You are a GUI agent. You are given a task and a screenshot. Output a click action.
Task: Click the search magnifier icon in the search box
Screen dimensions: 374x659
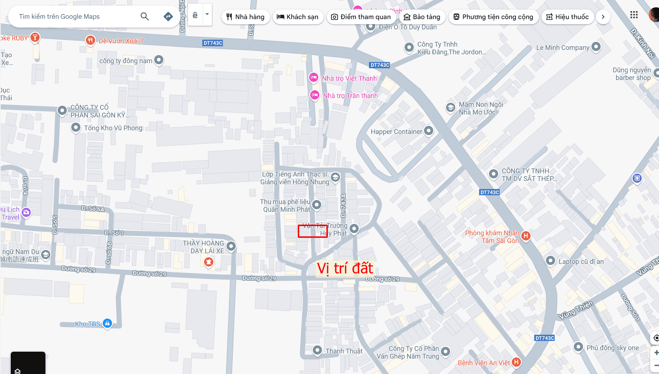pos(145,17)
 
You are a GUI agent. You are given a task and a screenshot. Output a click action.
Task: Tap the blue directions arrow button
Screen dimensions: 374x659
pos(168,17)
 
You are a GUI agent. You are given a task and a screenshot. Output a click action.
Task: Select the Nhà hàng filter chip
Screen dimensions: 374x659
pos(245,17)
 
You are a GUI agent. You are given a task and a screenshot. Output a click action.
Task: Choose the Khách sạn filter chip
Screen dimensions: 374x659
pos(298,17)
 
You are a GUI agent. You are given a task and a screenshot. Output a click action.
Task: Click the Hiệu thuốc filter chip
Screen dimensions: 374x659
pos(568,17)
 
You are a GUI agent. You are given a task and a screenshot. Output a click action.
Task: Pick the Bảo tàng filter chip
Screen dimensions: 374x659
pos(422,17)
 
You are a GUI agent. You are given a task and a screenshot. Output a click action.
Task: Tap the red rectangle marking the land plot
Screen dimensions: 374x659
pos(312,231)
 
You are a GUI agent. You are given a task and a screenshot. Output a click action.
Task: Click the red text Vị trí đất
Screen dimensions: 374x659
pos(345,268)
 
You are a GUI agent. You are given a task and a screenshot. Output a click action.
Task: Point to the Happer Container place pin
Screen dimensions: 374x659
pos(428,131)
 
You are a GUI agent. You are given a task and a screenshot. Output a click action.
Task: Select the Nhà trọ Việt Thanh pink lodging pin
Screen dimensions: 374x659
pos(314,77)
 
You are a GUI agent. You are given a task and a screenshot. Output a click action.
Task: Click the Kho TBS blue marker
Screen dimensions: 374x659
pos(107,323)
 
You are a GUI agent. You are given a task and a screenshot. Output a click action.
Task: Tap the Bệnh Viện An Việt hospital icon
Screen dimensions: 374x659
pos(516,362)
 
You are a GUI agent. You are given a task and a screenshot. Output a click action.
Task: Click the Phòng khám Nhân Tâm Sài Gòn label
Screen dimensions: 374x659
pos(492,237)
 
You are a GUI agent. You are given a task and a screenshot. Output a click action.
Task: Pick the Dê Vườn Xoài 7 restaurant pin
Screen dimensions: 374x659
pos(90,40)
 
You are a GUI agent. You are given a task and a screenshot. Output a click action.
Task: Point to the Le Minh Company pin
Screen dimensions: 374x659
pos(596,47)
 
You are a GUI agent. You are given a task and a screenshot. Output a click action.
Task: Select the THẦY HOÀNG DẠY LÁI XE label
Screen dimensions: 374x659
pos(203,247)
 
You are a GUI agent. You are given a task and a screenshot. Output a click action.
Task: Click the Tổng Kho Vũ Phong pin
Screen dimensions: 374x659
pos(76,127)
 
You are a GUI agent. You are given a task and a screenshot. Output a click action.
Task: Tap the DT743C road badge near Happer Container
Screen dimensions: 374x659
pos(489,192)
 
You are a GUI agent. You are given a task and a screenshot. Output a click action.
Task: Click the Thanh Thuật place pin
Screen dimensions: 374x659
pos(317,350)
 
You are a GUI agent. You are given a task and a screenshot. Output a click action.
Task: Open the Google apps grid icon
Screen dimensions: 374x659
pos(634,15)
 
